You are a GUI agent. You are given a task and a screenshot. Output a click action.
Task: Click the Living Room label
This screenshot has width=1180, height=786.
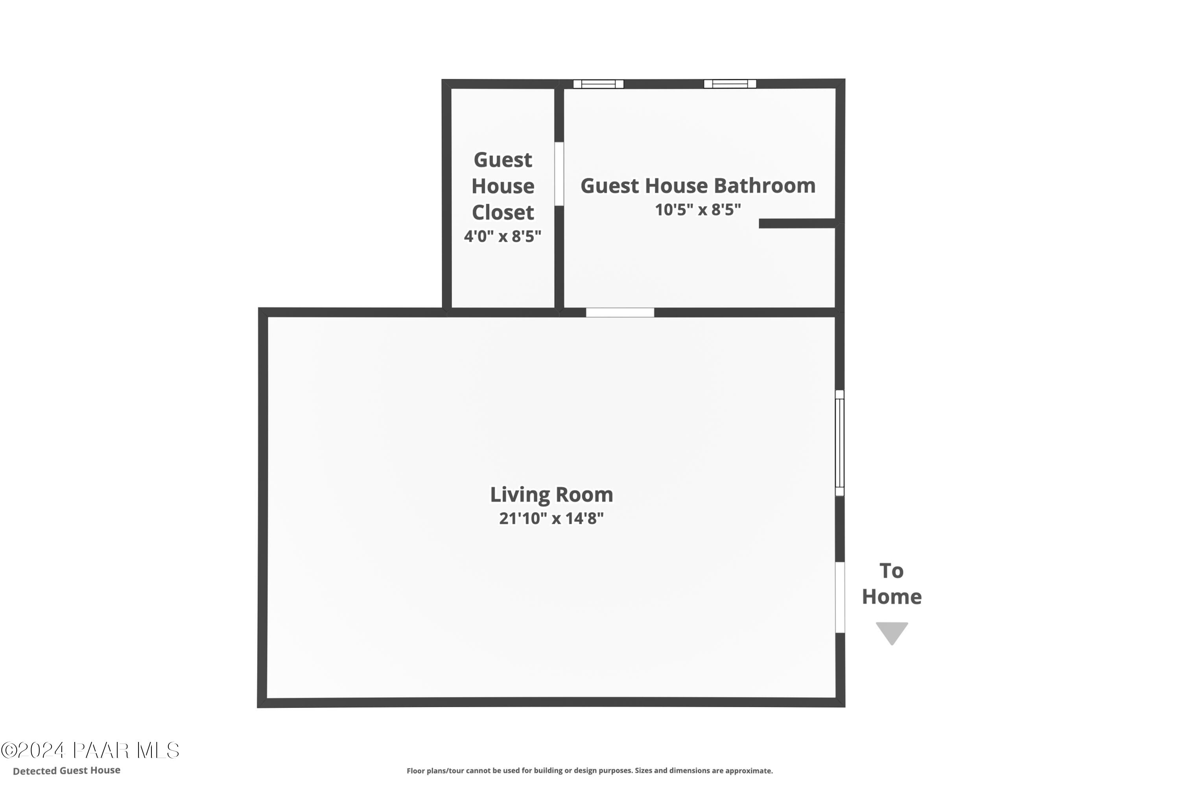pos(551,495)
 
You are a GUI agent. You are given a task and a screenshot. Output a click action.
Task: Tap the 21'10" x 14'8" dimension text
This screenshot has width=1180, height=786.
pos(551,518)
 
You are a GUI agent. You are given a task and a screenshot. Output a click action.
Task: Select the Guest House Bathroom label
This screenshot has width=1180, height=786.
pos(697,186)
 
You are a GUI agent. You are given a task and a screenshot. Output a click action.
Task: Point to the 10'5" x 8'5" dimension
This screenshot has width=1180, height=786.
pos(697,210)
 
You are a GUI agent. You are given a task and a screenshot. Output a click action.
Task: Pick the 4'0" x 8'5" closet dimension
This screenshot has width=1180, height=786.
pos(503,236)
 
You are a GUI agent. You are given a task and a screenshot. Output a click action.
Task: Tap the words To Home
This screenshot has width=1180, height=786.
pos(892,584)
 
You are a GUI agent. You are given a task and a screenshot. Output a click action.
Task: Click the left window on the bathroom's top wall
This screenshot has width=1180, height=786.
pos(598,84)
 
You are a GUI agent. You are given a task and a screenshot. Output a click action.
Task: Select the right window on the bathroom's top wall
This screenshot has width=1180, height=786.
pos(730,84)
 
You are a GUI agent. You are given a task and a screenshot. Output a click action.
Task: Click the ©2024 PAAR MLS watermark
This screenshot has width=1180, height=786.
pos(90,750)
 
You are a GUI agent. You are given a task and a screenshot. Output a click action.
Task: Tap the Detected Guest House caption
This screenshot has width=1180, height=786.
pos(67,770)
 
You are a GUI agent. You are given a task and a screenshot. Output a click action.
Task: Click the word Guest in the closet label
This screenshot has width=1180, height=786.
pos(503,160)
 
